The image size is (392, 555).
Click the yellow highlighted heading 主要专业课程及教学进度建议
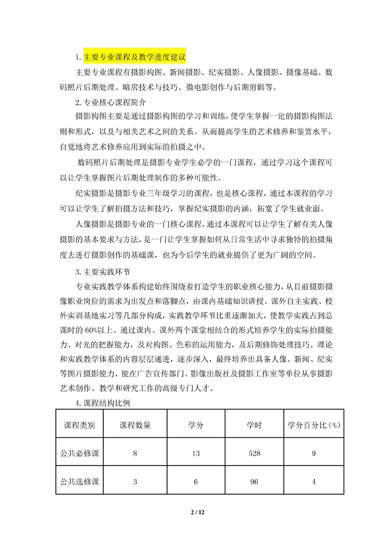pos(134,58)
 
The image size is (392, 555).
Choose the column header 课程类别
pos(80,425)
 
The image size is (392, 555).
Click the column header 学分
pos(196,425)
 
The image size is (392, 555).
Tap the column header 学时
pos(254,425)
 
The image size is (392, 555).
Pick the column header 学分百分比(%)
pos(313,425)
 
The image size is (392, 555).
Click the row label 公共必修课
pos(80,453)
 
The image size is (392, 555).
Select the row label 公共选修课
pos(80,481)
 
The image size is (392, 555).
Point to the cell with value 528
pos(254,453)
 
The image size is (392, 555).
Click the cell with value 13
pos(196,453)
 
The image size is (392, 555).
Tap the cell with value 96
pos(254,481)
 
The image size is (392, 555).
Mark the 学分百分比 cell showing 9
pos(313,453)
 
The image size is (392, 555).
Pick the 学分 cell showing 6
pos(196,481)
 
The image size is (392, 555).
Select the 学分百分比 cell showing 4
pos(313,481)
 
